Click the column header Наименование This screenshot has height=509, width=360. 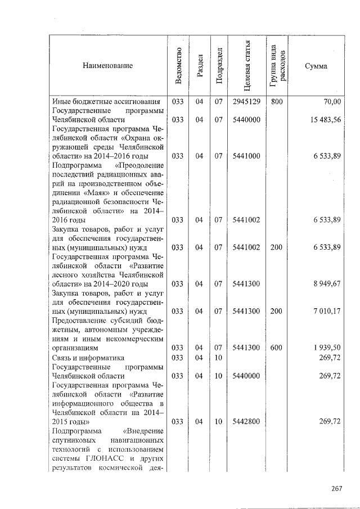click(107, 66)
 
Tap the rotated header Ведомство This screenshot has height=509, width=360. click(178, 66)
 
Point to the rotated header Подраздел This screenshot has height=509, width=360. click(219, 66)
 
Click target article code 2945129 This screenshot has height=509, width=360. click(246, 102)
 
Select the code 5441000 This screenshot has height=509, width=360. click(246, 156)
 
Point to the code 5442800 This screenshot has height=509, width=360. click(246, 421)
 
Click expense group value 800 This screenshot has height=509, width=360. click(276, 102)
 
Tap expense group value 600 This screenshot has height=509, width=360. click(276, 348)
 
